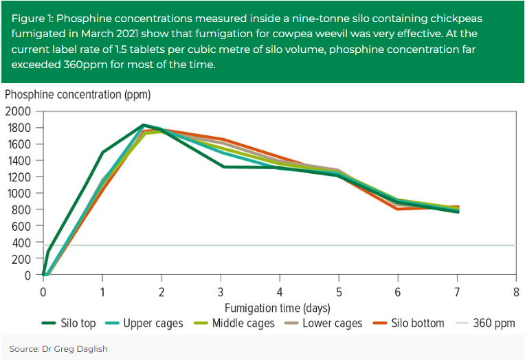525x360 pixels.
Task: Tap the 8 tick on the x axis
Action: coord(516,290)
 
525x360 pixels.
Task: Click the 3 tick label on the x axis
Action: coord(221,290)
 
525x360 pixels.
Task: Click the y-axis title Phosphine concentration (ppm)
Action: coord(78,94)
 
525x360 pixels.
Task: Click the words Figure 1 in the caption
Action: coord(32,17)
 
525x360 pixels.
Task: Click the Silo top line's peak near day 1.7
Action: coord(143,125)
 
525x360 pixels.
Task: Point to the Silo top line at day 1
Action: coord(102,152)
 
